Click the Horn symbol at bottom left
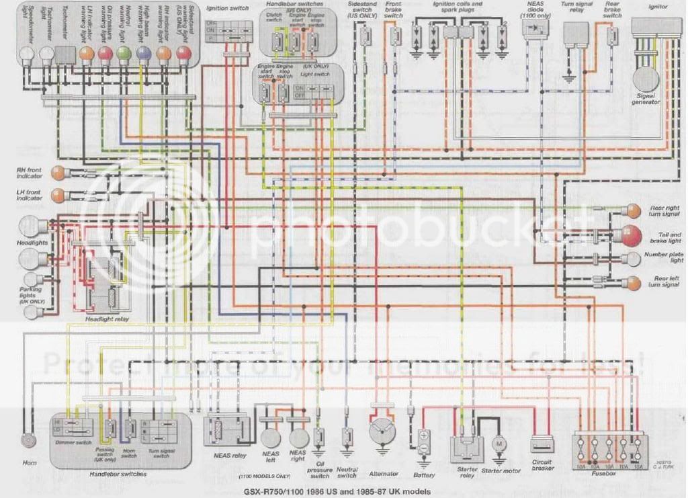(28, 440)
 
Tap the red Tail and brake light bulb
(632, 235)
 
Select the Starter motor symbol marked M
(499, 444)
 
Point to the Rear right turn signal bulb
(632, 210)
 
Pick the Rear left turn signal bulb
(632, 282)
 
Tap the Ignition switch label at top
(226, 8)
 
